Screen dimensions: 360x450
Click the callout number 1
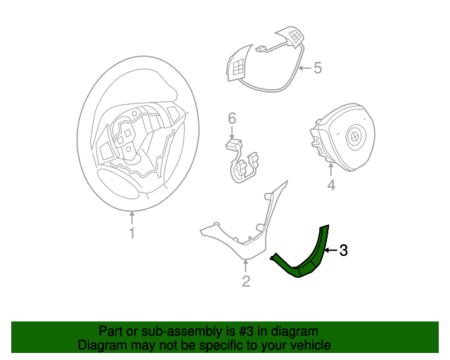(x=131, y=233)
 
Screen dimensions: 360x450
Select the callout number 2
(x=246, y=282)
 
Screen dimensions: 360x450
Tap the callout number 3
(x=343, y=250)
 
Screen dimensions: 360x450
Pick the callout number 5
(x=317, y=68)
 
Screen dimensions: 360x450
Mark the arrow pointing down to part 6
(x=232, y=133)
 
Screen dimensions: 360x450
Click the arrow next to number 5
(x=304, y=68)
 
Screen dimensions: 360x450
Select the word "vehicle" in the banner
(x=309, y=345)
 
